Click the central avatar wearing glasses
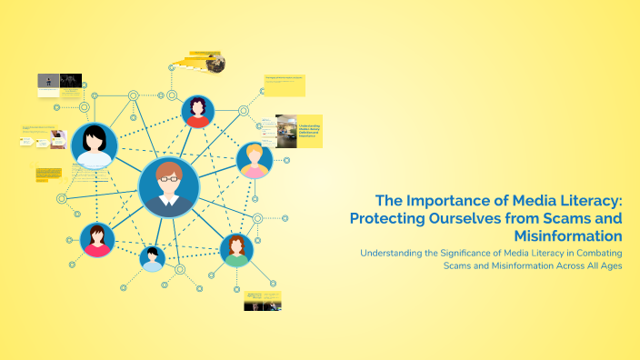169,186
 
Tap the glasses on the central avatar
169,178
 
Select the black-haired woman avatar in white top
94,146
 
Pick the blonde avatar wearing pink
255,160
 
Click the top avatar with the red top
197,112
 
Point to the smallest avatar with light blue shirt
153,258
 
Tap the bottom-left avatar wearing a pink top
97,240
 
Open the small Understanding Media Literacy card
299,131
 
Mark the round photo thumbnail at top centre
215,63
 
